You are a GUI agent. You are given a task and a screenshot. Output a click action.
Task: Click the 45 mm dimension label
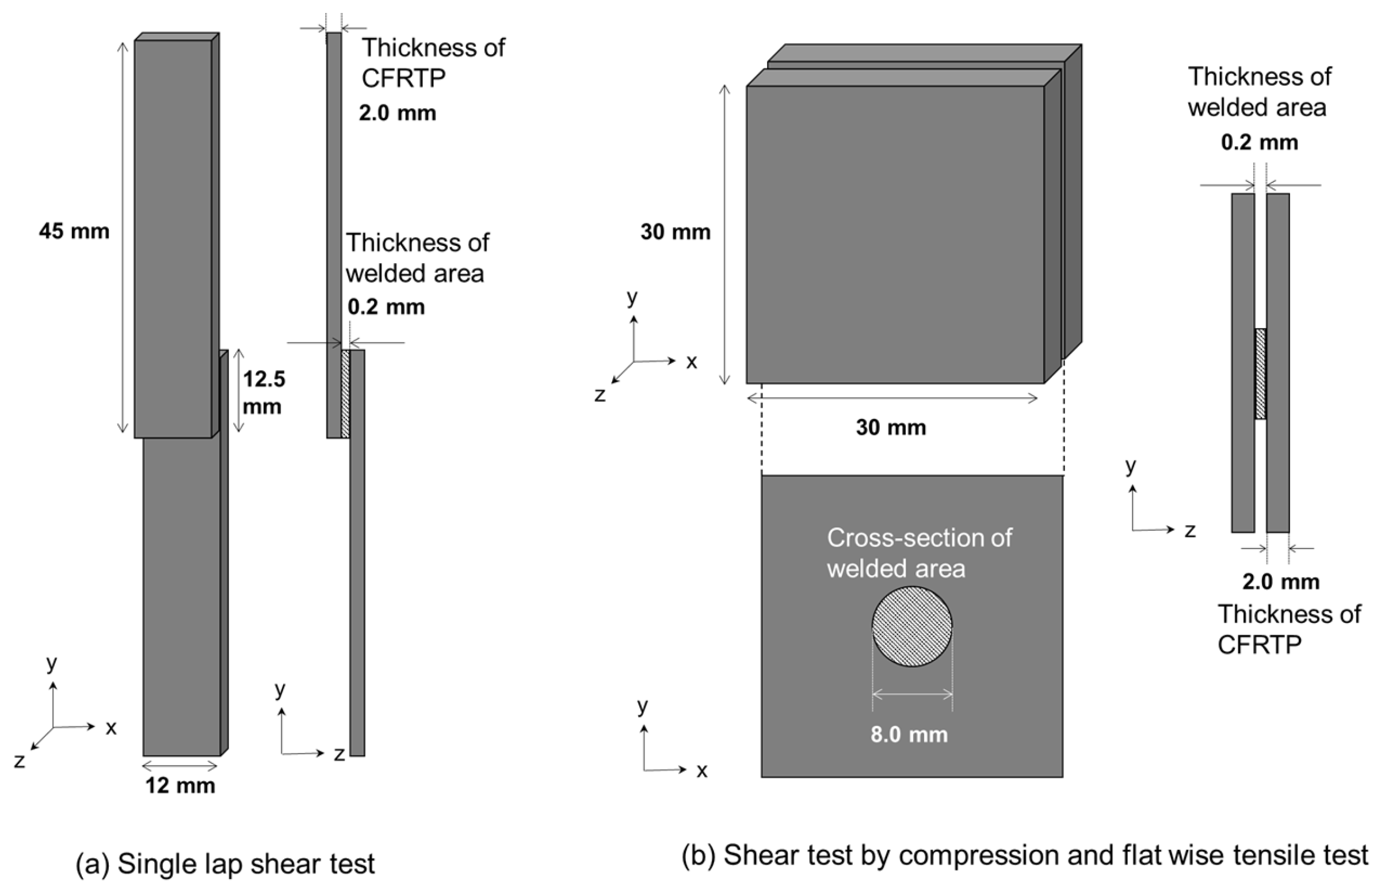74,231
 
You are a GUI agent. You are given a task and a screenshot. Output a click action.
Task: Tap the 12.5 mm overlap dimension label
263,392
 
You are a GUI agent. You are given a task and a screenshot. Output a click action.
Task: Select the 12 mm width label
180,785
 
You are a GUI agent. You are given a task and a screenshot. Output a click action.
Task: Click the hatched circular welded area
912,626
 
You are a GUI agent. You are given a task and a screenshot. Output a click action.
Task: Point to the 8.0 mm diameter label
909,735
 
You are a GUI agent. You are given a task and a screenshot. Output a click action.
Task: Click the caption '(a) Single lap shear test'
225,864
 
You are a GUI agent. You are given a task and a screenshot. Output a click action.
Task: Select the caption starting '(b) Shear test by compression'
1025,855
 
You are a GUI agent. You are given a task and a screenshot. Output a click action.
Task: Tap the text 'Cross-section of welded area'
919,553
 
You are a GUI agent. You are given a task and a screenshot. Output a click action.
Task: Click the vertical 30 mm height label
676,232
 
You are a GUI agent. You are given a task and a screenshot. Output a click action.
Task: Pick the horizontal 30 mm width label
891,427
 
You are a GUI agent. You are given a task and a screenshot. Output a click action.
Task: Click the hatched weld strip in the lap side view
345,394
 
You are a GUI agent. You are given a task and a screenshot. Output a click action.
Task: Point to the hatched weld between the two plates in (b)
1260,374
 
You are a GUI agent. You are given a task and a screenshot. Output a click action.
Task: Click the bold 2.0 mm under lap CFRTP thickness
398,113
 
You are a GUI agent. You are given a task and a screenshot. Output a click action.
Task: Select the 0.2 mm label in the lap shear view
386,307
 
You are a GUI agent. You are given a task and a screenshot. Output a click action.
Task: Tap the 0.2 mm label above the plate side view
1260,142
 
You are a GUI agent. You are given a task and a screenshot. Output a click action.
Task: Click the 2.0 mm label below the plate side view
1281,581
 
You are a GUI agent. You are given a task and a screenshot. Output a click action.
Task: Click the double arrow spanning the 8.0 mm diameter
912,694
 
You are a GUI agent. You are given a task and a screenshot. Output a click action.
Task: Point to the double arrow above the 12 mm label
180,766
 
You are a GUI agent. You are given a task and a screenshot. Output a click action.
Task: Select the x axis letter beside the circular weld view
701,771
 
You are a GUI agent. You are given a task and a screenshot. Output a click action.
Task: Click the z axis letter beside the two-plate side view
1190,530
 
